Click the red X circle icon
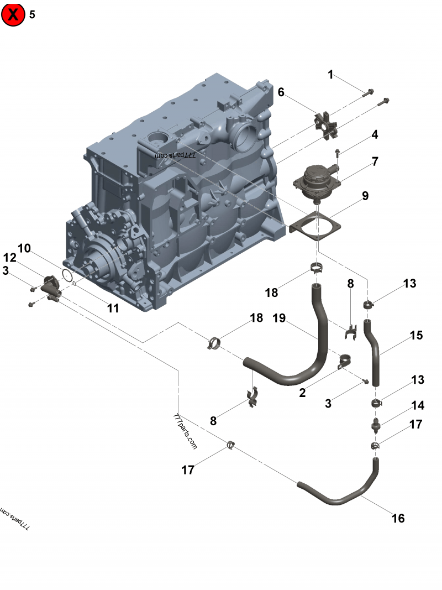click(13, 15)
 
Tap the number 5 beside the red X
click(32, 15)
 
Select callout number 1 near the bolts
click(331, 75)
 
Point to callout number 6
click(281, 92)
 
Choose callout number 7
click(375, 161)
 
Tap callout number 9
click(365, 196)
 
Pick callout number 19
click(280, 319)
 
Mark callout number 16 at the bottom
click(398, 518)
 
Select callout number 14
click(417, 405)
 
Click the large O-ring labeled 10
click(67, 275)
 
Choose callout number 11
click(113, 308)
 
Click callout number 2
click(302, 393)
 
